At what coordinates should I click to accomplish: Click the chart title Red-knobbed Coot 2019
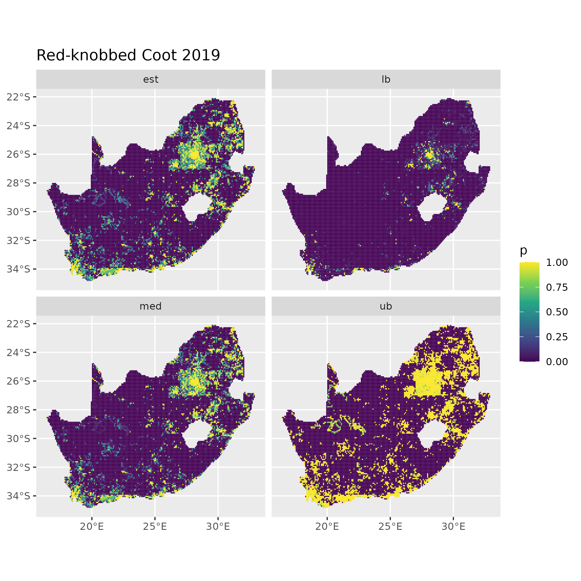pos(128,55)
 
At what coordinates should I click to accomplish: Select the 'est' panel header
pos(151,79)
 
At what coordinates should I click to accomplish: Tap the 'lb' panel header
pos(386,79)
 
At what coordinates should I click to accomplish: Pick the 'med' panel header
pos(151,306)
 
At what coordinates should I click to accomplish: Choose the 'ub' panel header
pos(386,306)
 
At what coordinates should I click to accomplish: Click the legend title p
pos(523,250)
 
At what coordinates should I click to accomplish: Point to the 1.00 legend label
pos(557,263)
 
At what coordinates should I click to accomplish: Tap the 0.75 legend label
pos(557,287)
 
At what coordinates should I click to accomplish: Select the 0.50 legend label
pos(557,312)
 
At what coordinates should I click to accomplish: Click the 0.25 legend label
pos(557,337)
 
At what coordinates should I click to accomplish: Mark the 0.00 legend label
pos(557,362)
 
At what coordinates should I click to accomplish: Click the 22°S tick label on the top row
pos(19,97)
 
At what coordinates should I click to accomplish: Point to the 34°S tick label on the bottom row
pos(19,496)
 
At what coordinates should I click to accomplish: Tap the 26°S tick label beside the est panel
pos(19,154)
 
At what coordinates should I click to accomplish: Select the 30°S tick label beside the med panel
pos(19,439)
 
